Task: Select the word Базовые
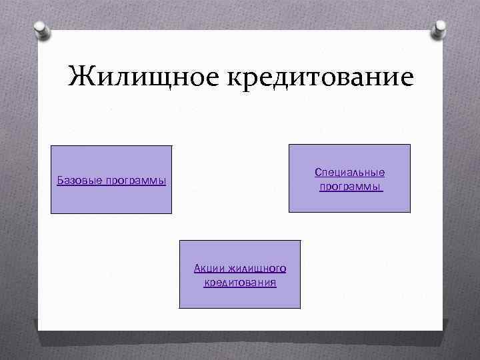click(78, 181)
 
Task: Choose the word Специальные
click(350, 173)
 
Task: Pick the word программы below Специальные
click(350, 187)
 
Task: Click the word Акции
click(209, 268)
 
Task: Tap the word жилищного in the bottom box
click(257, 269)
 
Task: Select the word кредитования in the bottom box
click(240, 283)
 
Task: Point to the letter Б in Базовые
click(60, 180)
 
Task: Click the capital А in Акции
click(197, 268)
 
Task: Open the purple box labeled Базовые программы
click(111, 200)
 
